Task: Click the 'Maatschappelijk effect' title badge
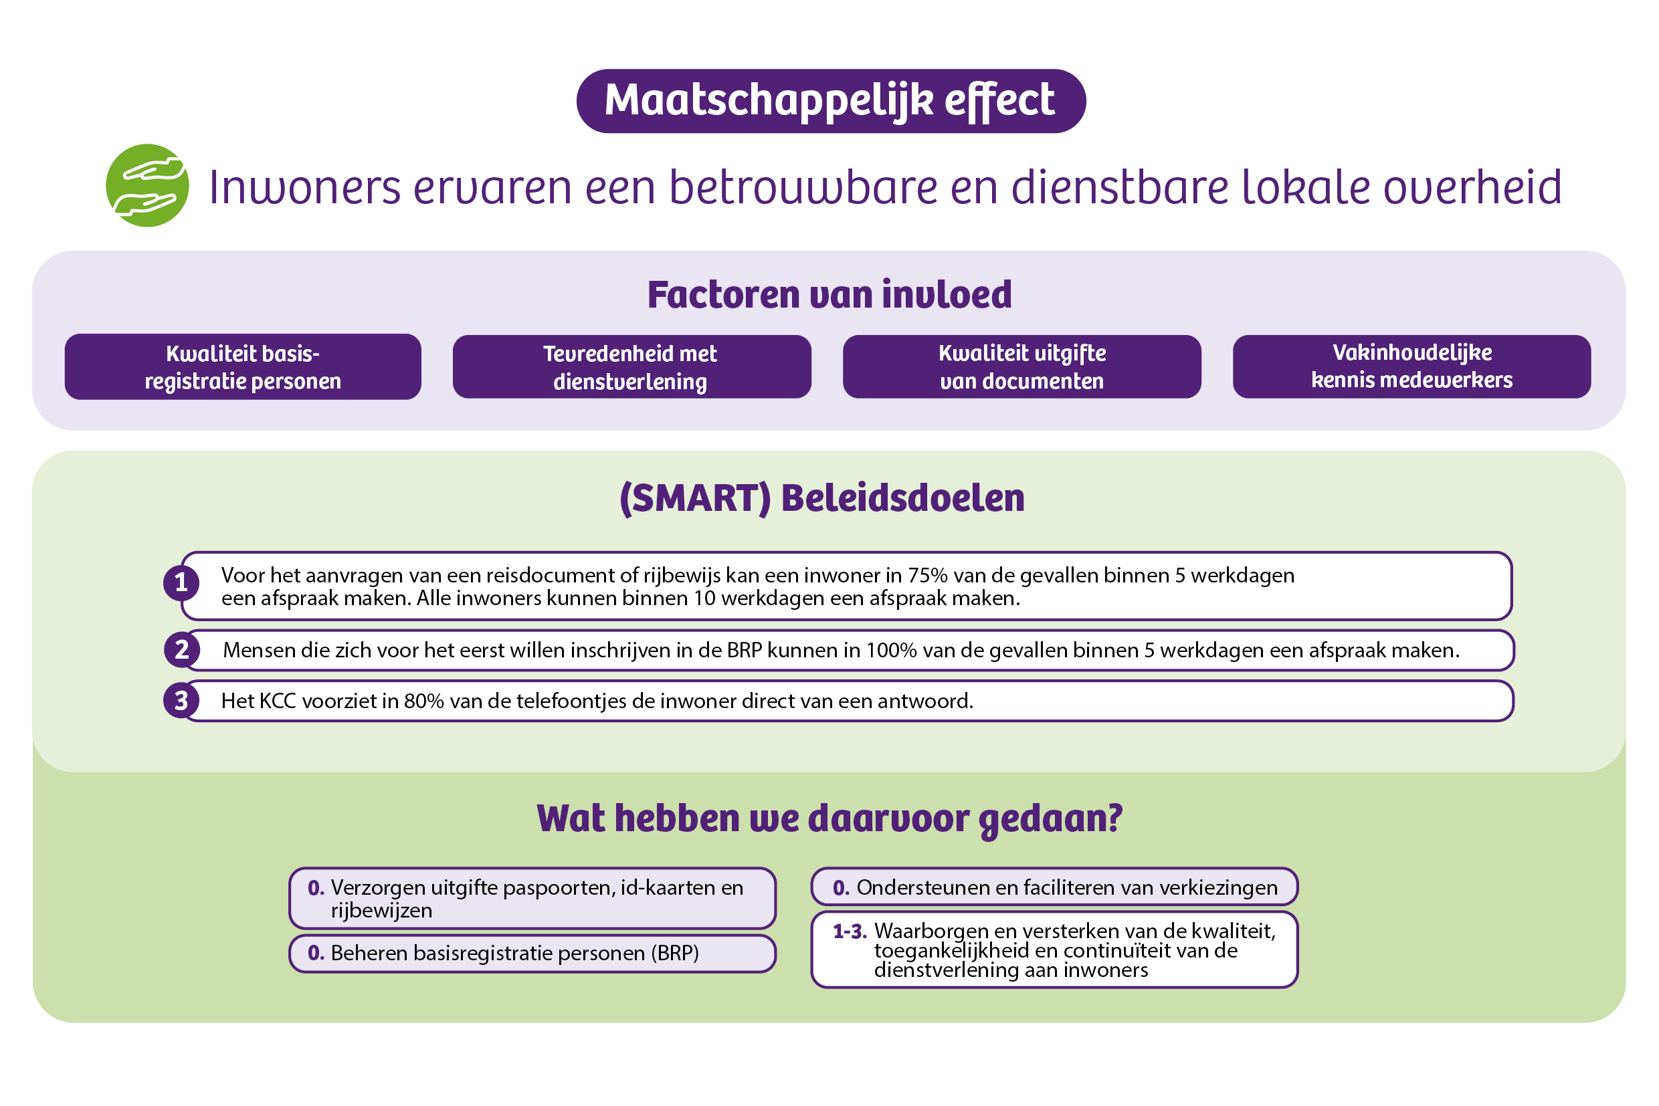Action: click(x=831, y=101)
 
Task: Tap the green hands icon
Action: click(x=147, y=185)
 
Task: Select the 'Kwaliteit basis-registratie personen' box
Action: click(x=243, y=367)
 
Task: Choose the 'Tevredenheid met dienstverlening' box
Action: click(x=631, y=367)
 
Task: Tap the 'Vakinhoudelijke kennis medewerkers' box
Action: click(x=1411, y=367)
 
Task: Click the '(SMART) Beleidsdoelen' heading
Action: click(x=822, y=498)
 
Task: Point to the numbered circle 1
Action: click(x=181, y=582)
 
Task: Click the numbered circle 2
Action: click(x=182, y=650)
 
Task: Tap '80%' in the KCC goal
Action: click(x=423, y=701)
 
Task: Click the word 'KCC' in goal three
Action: click(x=278, y=701)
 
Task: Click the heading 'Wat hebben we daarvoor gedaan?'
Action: click(x=829, y=819)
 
